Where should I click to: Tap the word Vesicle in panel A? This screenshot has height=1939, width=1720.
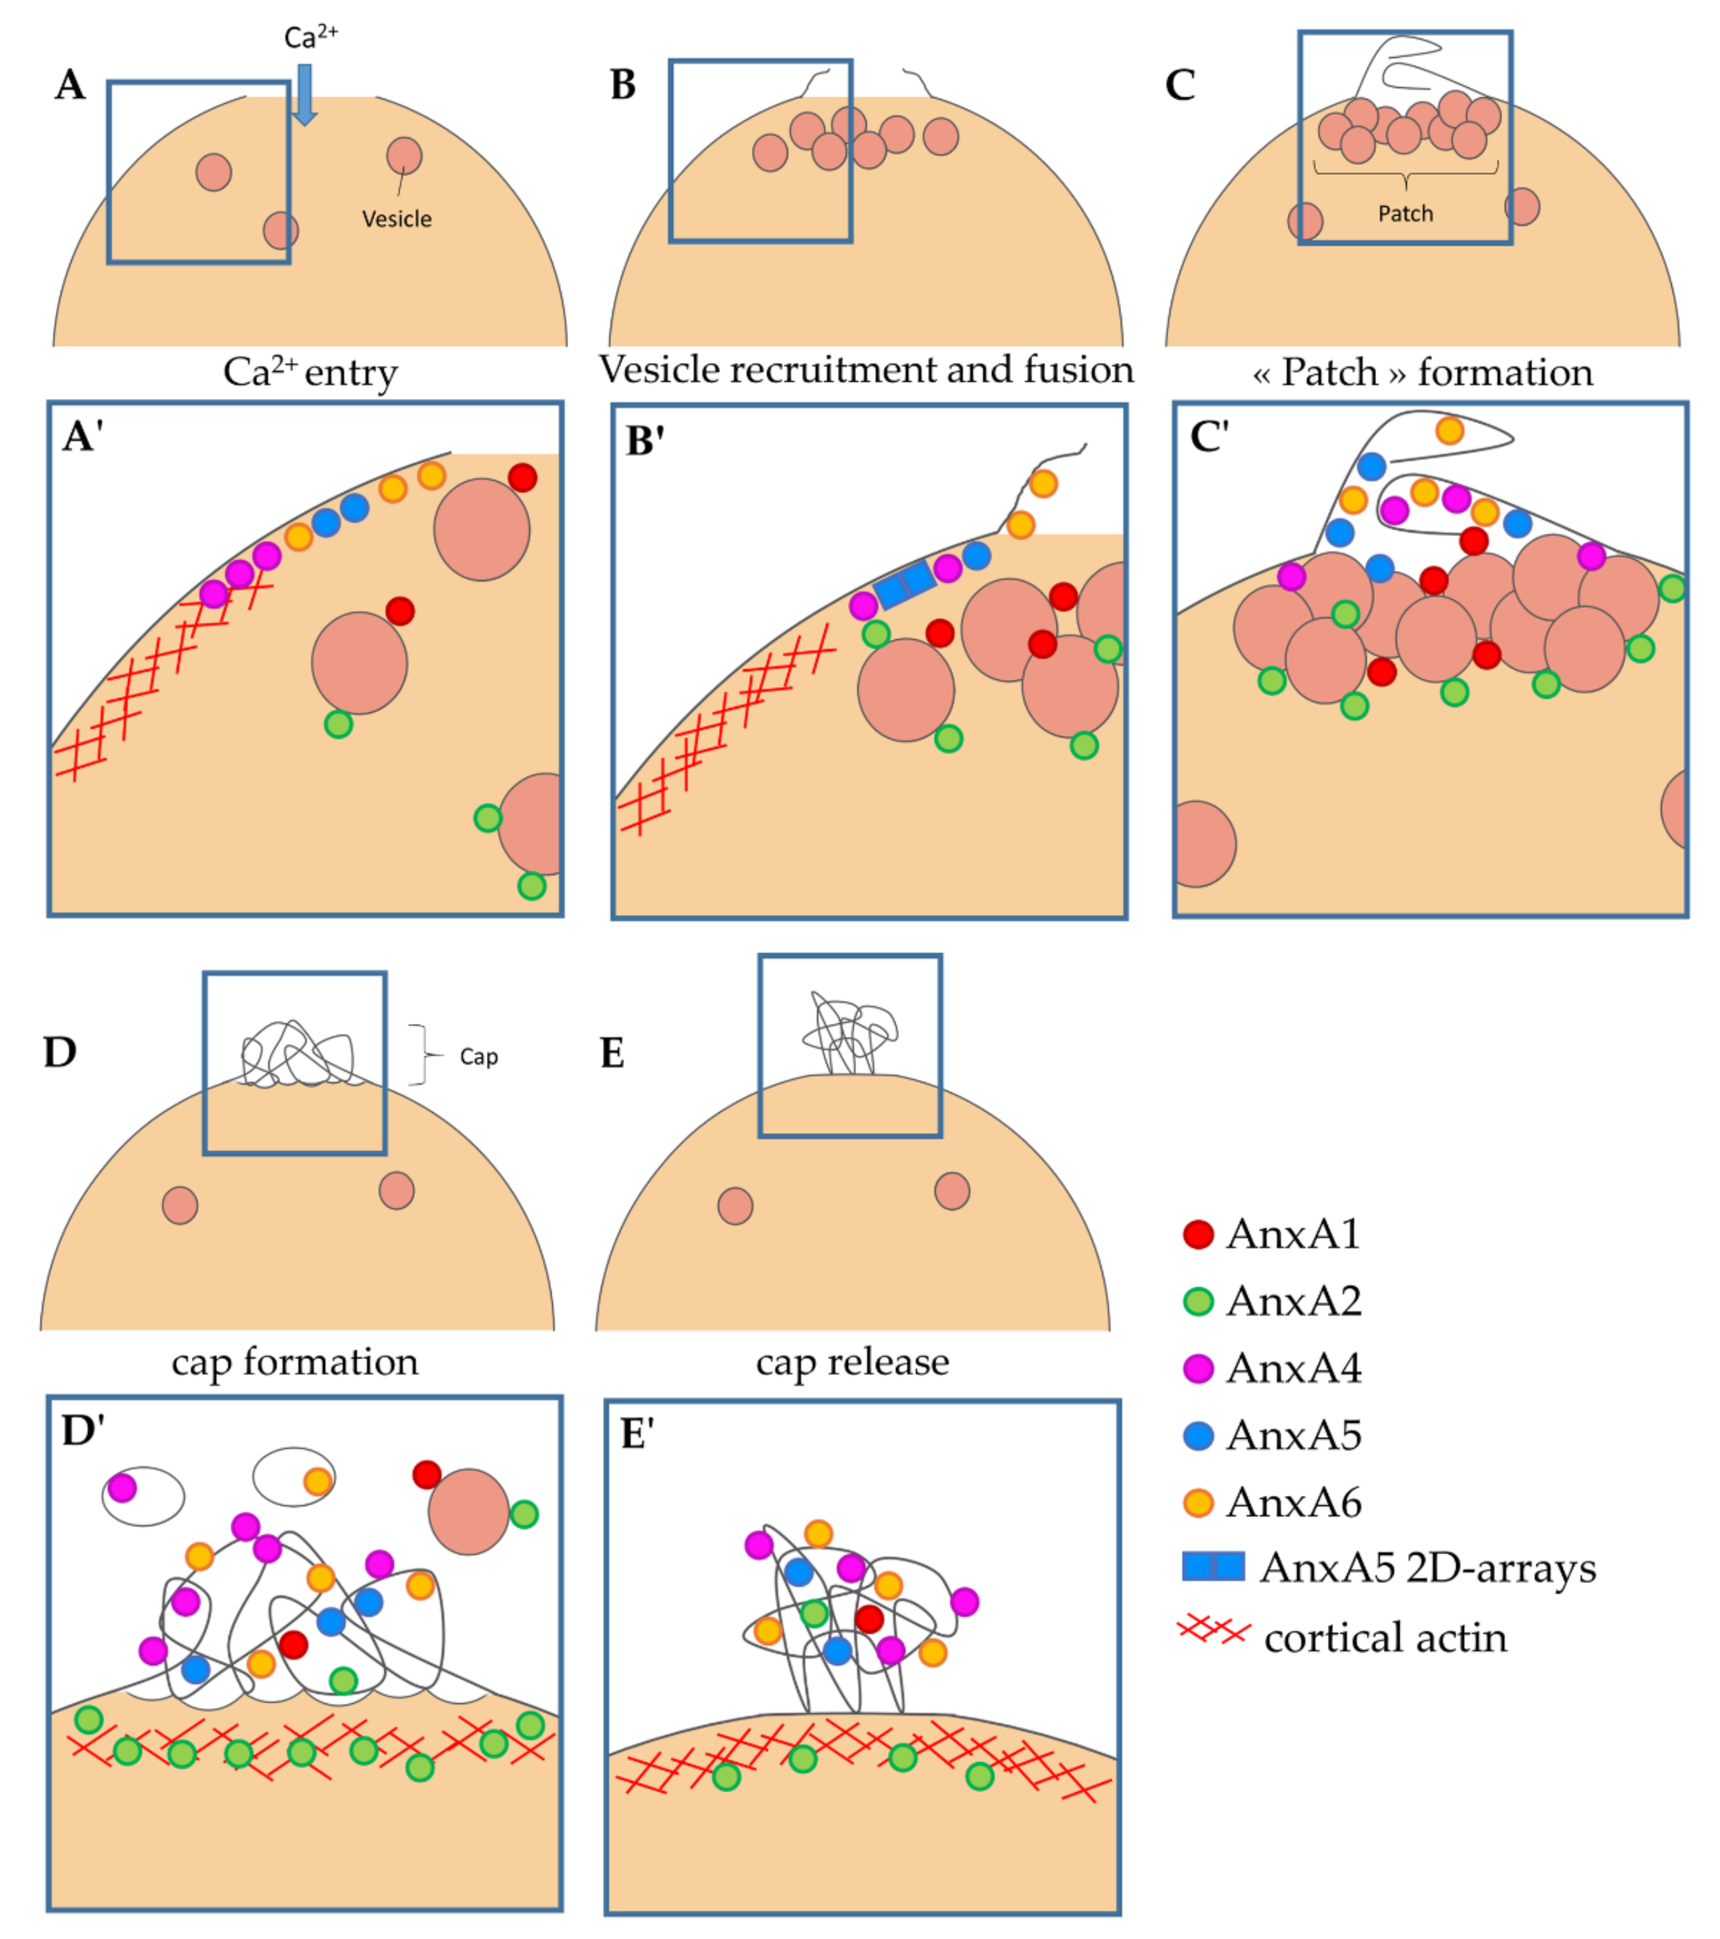tap(396, 219)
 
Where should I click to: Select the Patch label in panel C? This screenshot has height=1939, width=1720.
tap(1405, 213)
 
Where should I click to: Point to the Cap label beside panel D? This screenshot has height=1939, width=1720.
tap(478, 1057)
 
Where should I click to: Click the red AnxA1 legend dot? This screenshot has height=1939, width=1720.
tap(1198, 1234)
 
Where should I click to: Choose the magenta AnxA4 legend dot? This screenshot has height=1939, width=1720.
tap(1198, 1368)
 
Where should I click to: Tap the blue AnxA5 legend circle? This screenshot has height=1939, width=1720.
tap(1198, 1435)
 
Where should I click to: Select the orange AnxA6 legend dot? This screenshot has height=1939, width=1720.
tap(1198, 1503)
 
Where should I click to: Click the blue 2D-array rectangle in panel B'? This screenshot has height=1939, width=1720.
tap(904, 584)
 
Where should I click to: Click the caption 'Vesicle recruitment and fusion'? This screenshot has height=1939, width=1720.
tap(865, 369)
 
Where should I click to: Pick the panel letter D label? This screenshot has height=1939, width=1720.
tap(60, 1052)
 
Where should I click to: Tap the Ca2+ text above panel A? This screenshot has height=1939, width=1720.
tap(310, 37)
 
